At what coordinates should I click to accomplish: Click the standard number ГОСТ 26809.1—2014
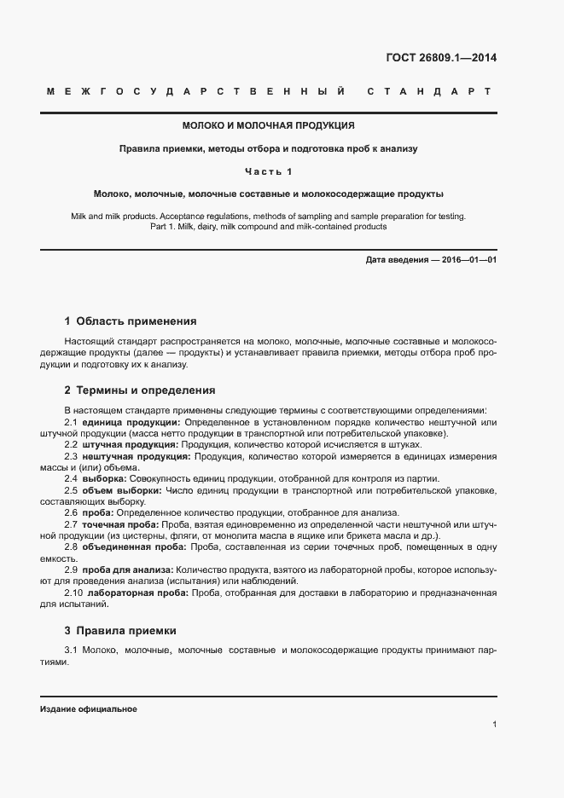click(x=441, y=58)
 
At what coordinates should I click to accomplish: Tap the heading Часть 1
click(x=269, y=171)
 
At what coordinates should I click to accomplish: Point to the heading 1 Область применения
click(x=131, y=321)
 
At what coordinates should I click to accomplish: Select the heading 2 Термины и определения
click(x=140, y=390)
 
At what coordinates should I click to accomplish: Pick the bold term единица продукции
click(x=131, y=421)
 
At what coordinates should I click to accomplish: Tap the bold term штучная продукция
click(x=130, y=444)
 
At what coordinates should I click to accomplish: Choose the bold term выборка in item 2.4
click(x=102, y=477)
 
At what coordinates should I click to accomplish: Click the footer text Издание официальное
click(x=88, y=709)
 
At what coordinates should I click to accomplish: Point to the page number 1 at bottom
click(x=494, y=725)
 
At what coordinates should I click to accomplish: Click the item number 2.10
click(x=73, y=592)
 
